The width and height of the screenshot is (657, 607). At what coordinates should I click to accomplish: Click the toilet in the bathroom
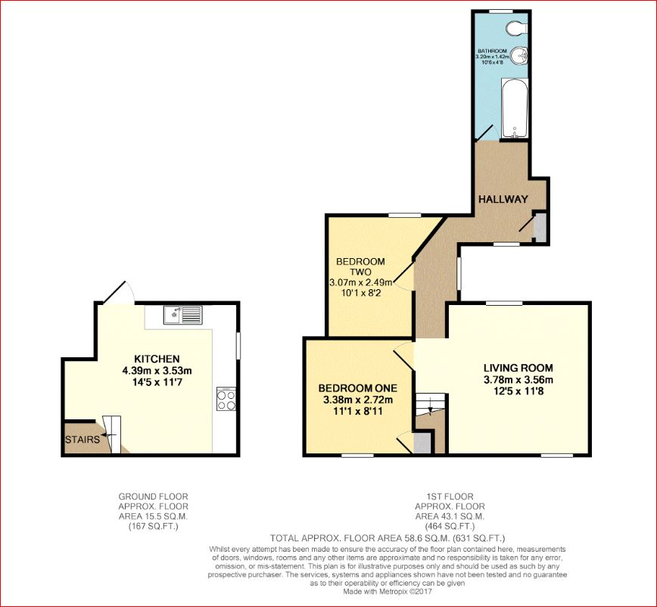[x=516, y=29]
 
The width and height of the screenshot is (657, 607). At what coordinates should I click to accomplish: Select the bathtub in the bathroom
[x=515, y=108]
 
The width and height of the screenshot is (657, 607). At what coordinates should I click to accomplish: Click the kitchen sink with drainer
[x=183, y=315]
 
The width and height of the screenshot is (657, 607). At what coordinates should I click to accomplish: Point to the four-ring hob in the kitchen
[x=226, y=399]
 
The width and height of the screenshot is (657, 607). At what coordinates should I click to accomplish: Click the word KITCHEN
[x=157, y=359]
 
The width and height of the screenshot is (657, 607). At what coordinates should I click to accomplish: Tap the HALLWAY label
[x=503, y=199]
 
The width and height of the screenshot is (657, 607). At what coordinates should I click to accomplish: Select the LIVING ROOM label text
[x=518, y=369]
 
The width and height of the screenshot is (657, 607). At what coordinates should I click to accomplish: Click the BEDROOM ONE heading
[x=358, y=388]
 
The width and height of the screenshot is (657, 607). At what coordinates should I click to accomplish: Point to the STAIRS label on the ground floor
[x=83, y=440]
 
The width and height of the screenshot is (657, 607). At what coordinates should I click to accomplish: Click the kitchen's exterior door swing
[x=118, y=291]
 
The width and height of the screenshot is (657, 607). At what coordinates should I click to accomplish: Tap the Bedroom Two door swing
[x=402, y=275]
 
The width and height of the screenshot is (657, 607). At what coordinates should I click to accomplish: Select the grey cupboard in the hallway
[x=540, y=228]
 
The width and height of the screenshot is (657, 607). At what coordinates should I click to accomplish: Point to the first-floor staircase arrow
[x=430, y=410]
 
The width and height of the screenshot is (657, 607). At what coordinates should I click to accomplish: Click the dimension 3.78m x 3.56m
[x=518, y=381]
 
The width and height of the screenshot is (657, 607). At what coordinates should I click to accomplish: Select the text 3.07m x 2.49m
[x=361, y=282]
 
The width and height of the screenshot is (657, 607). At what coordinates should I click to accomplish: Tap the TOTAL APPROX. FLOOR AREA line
[x=388, y=538]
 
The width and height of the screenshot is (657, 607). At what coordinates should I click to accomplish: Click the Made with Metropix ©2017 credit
[x=388, y=592]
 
